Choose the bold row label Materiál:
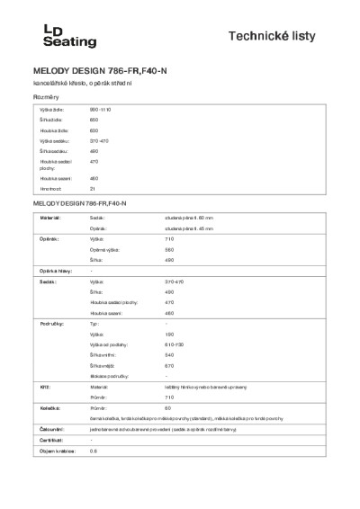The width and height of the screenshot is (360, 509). tap(49, 218)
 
